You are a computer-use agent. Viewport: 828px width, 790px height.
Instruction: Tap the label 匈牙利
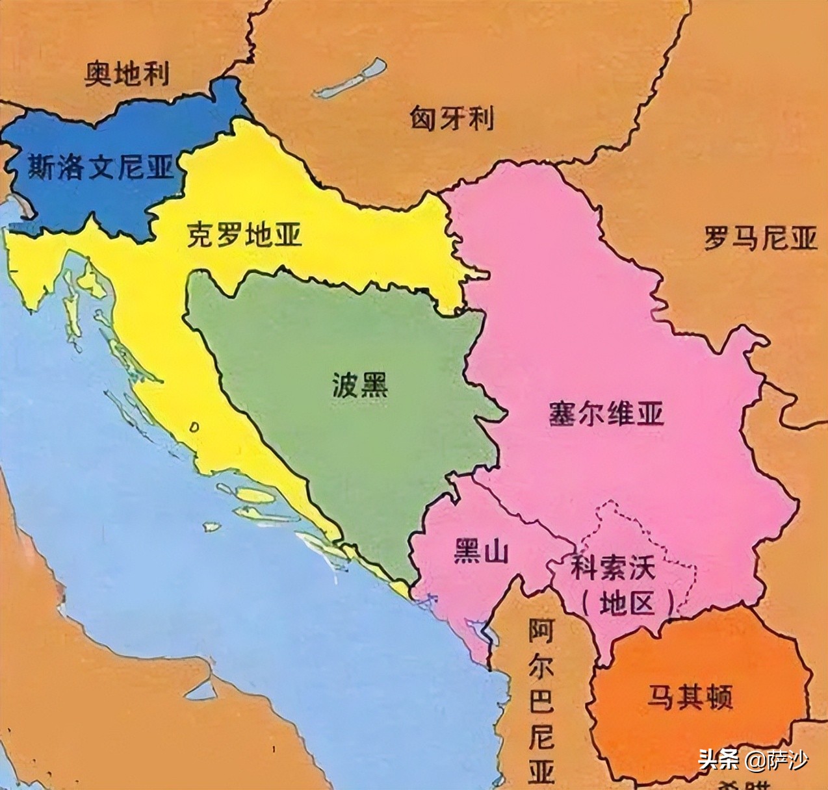pyautogui.click(x=451, y=119)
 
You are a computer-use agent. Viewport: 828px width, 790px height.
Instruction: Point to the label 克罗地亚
pyautogui.click(x=244, y=235)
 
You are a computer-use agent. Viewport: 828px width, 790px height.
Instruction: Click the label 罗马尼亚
pyautogui.click(x=760, y=238)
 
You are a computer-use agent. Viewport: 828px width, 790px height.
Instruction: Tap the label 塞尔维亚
pyautogui.click(x=606, y=413)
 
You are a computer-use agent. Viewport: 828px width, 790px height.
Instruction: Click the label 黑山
pyautogui.click(x=479, y=553)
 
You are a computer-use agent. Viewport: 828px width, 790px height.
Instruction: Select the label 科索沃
pyautogui.click(x=613, y=569)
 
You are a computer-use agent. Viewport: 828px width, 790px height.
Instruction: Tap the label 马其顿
pyautogui.click(x=689, y=697)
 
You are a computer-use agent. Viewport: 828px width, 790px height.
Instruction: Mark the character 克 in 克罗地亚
pyautogui.click(x=200, y=235)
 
